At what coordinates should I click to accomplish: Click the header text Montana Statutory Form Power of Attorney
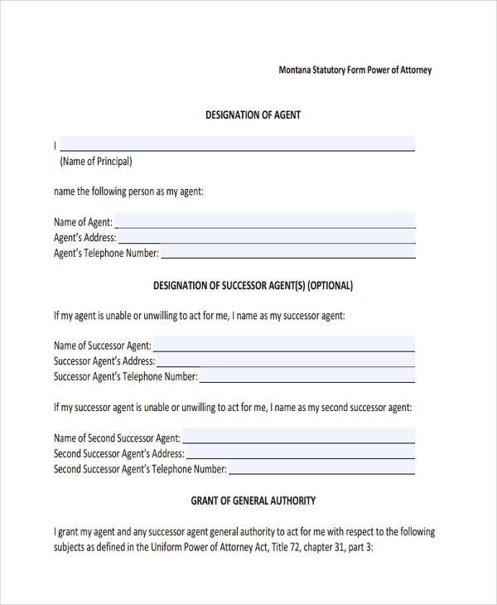pos(355,70)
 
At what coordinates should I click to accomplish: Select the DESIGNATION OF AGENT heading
pos(253,115)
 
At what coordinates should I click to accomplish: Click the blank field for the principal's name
pos(237,143)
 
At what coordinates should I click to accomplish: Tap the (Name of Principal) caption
pos(96,162)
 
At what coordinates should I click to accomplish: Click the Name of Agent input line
pos(265,221)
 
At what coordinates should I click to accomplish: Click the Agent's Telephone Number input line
pos(288,253)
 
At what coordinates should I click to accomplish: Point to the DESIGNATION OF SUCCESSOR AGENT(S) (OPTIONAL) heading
pos(253,286)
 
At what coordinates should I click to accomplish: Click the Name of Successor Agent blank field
pos(284,345)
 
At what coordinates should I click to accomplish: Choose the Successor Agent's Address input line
pos(286,361)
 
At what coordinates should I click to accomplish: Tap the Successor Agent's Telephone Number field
pos(307,376)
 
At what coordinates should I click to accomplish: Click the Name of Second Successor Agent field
pos(298,437)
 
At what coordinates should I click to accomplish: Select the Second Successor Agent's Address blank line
pos(301,453)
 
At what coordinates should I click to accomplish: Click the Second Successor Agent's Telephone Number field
pos(322,469)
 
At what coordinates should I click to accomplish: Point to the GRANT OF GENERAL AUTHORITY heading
pos(253,501)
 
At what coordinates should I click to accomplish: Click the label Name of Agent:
pos(83,222)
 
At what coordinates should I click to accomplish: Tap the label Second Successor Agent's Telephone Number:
pos(140,469)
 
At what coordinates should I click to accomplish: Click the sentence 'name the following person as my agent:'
pos(128,191)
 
